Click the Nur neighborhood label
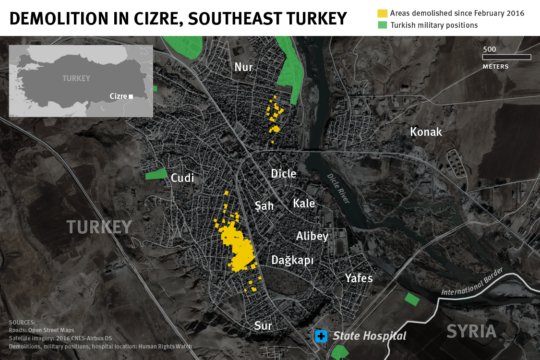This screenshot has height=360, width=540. pyautogui.click(x=243, y=67)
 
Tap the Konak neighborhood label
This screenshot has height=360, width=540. pyautogui.click(x=426, y=132)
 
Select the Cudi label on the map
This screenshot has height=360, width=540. pyautogui.click(x=182, y=178)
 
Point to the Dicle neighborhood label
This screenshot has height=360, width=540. pyautogui.click(x=284, y=174)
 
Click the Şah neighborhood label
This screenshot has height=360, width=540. pyautogui.click(x=264, y=206)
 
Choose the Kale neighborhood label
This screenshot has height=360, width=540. pyautogui.click(x=304, y=204)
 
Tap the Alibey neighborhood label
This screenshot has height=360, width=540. pyautogui.click(x=312, y=236)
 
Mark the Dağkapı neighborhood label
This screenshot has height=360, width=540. pyautogui.click(x=292, y=261)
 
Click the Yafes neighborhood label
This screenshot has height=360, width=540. pyautogui.click(x=359, y=278)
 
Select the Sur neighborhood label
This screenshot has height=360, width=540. pyautogui.click(x=263, y=326)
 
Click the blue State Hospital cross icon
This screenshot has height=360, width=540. pyautogui.click(x=321, y=336)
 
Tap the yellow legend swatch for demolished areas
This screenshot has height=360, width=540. pyautogui.click(x=382, y=13)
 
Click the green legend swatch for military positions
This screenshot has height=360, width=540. pyautogui.click(x=382, y=25)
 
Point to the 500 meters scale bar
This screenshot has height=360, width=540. pyautogui.click(x=506, y=57)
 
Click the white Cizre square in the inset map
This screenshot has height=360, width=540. pyautogui.click(x=131, y=96)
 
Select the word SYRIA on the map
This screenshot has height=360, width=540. pyautogui.click(x=472, y=332)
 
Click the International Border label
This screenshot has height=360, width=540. pyautogui.click(x=472, y=282)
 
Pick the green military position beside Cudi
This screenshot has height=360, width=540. pyautogui.click(x=156, y=174)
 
